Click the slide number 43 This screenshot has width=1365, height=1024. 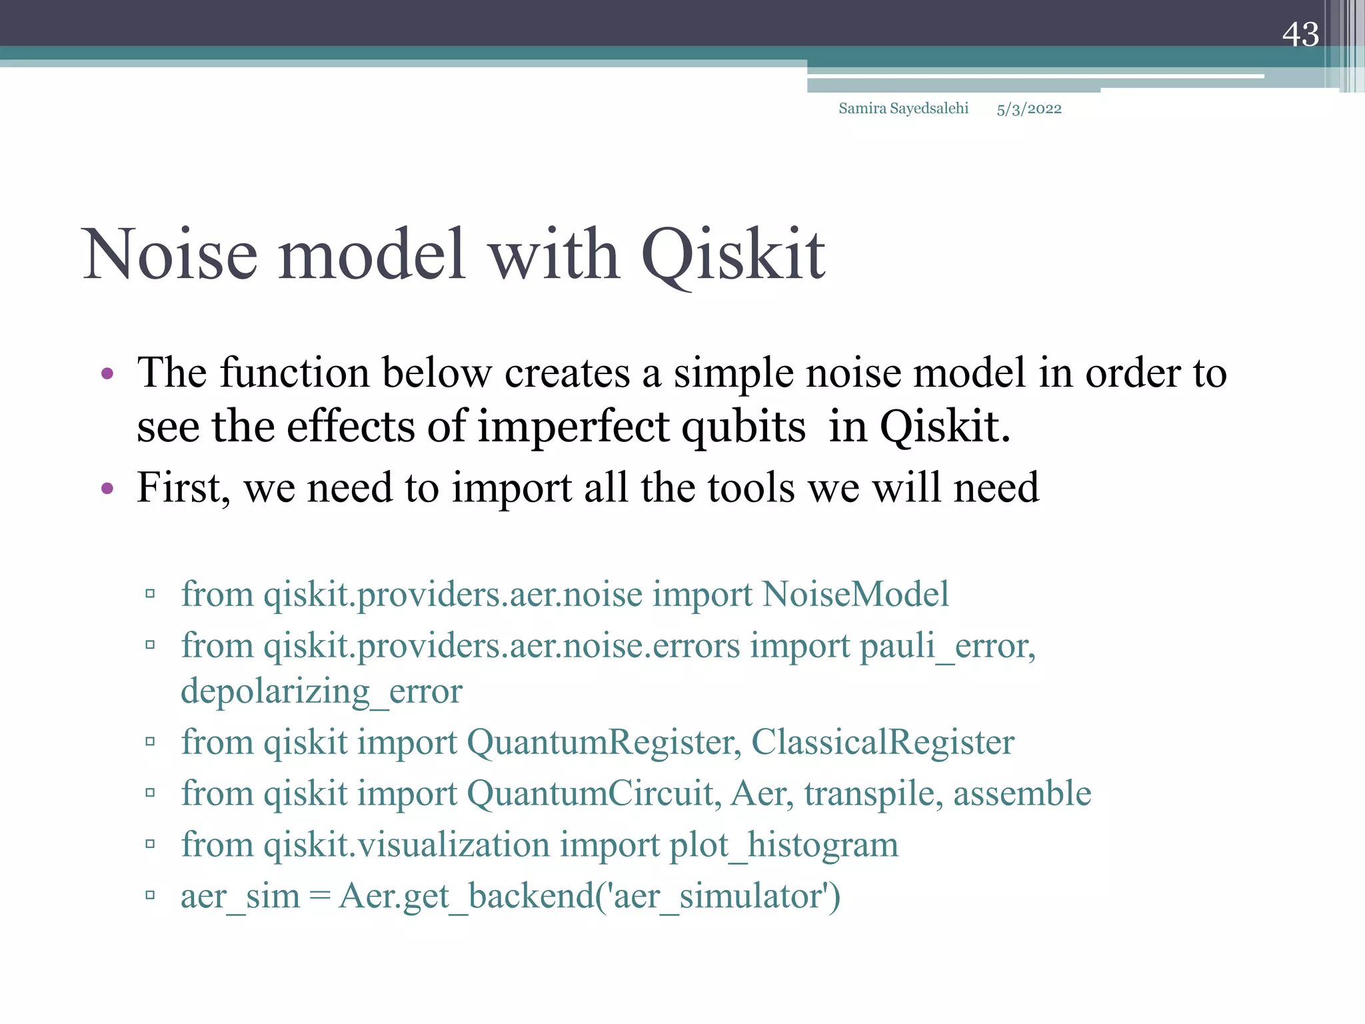point(1300,35)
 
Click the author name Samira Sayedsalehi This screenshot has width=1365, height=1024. point(903,109)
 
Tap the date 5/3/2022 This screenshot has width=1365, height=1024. point(1028,109)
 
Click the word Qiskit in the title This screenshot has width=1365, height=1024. point(733,255)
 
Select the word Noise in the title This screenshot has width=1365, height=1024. point(171,255)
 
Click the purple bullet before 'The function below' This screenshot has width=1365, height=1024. point(107,374)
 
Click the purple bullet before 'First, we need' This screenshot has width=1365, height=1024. point(107,489)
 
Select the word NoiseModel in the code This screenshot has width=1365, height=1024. point(855,594)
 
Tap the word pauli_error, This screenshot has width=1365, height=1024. point(947,646)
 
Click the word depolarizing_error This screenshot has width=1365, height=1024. point(321,691)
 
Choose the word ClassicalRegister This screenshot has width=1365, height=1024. point(882,742)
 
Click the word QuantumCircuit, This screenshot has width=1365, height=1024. point(594,793)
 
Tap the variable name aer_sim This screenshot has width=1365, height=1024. point(240,897)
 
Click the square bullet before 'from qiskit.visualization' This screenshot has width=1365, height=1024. point(150,845)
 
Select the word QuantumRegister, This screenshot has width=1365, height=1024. point(604,742)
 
